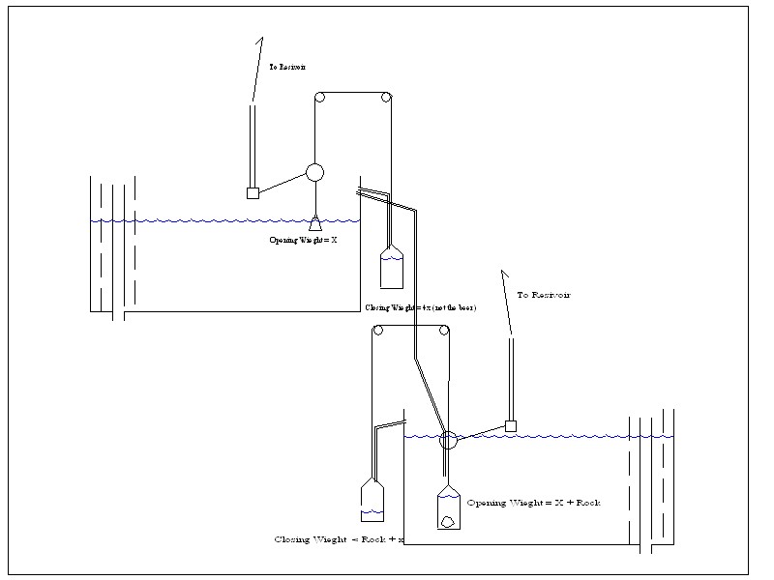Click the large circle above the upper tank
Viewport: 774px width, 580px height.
tap(314, 172)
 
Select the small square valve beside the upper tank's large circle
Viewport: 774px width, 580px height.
tap(253, 192)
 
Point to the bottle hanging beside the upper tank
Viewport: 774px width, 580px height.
tap(391, 267)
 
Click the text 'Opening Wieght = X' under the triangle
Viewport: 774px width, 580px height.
tap(303, 239)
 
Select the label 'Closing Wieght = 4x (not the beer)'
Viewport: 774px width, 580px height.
tap(421, 307)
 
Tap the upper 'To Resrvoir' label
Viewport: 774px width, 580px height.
tap(287, 68)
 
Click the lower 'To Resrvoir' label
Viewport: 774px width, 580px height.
tap(544, 294)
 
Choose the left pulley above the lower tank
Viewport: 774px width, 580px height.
tap(378, 331)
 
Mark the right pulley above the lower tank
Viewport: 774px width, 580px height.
tap(444, 331)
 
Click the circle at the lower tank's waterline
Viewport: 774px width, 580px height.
tap(447, 441)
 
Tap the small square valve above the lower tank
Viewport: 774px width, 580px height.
tap(511, 426)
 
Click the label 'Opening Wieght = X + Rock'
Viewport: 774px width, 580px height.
tap(533, 504)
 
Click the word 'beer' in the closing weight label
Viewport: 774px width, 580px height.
tap(464, 307)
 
